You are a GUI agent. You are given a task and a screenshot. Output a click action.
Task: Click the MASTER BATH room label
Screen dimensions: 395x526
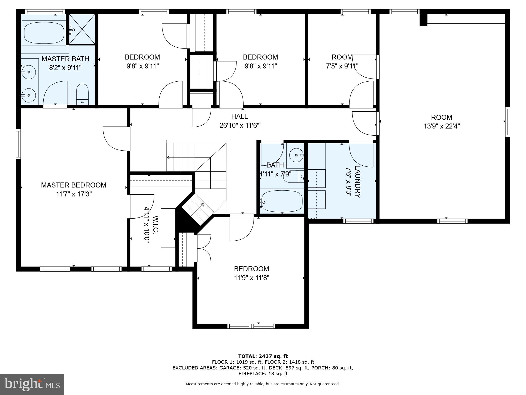(x=65, y=59)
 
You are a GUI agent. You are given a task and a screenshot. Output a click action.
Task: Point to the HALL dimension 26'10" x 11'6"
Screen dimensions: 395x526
(x=239, y=125)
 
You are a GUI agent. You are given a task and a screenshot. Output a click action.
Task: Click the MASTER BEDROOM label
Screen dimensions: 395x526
(x=74, y=185)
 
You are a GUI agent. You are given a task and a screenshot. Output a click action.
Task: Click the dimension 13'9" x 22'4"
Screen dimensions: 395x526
(x=442, y=126)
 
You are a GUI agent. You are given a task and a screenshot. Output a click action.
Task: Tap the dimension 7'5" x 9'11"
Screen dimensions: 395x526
(x=342, y=66)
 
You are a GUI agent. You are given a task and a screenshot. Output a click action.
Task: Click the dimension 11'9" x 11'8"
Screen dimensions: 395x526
(x=251, y=278)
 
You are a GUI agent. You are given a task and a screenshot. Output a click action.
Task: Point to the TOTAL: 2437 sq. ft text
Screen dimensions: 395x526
(x=263, y=356)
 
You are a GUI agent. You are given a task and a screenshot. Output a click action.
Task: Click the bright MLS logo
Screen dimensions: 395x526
(x=32, y=384)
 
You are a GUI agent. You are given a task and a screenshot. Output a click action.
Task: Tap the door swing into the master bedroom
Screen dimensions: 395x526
(x=115, y=139)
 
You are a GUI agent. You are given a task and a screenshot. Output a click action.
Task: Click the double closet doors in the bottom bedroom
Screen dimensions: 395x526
(x=203, y=248)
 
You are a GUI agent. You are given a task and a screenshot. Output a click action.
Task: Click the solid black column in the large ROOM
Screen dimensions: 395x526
(x=423, y=19)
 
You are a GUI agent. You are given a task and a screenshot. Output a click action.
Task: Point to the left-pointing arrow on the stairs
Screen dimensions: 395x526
(x=169, y=157)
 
